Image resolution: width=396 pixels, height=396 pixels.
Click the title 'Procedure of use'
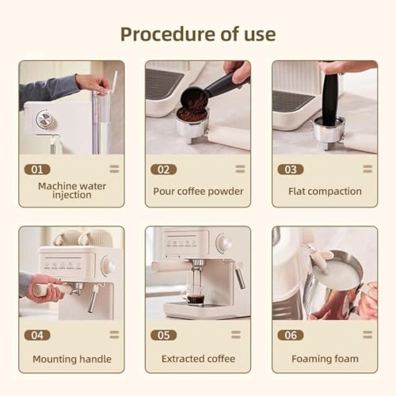click(x=198, y=33)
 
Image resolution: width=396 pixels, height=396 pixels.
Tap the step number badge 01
click(x=36, y=169)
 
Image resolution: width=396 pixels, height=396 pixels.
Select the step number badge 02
click(x=163, y=169)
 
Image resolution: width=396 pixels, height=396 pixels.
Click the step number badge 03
click(x=290, y=169)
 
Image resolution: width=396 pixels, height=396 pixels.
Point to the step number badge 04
click(x=36, y=335)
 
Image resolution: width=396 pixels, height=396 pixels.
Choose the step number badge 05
click(x=163, y=335)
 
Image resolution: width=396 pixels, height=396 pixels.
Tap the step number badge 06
click(x=290, y=335)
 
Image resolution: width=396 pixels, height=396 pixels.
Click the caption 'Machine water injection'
click(x=71, y=191)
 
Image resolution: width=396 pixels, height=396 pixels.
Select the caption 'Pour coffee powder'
click(x=198, y=191)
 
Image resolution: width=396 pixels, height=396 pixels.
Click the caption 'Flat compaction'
click(x=325, y=191)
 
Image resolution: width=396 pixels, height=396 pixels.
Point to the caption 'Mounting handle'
click(x=71, y=359)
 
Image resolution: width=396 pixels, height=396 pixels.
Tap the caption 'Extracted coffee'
click(x=198, y=359)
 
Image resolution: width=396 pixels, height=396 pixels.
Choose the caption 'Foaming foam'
click(x=325, y=359)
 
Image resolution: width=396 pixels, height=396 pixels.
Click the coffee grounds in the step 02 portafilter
click(x=191, y=114)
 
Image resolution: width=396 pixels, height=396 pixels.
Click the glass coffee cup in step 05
click(x=194, y=295)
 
